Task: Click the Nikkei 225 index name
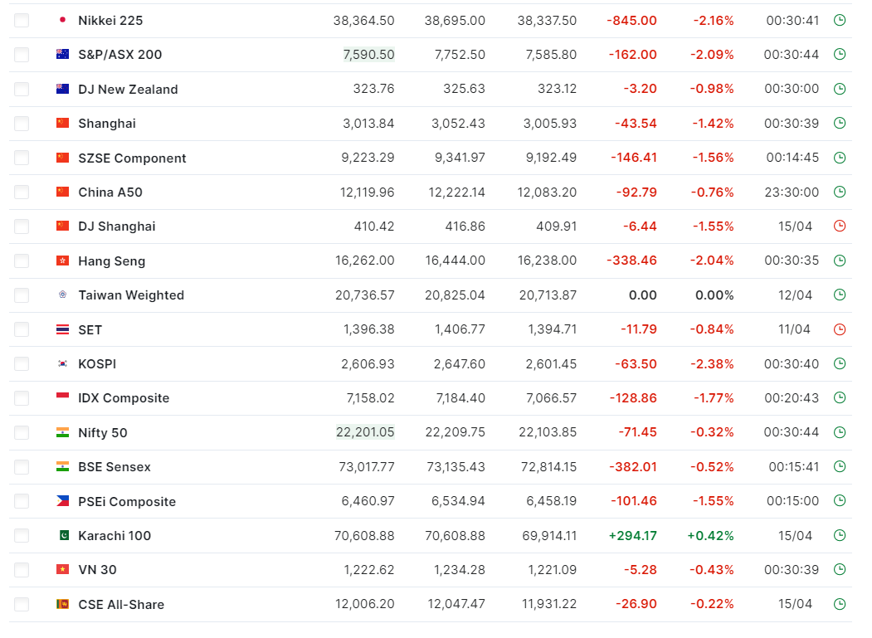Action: [x=110, y=21]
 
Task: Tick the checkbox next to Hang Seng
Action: [x=22, y=261]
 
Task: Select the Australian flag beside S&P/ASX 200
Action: [x=63, y=54]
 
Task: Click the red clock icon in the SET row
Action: [x=840, y=329]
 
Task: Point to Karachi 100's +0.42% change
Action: [x=711, y=536]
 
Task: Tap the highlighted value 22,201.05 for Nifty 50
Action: [x=365, y=432]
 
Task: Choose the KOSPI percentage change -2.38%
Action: [x=712, y=363]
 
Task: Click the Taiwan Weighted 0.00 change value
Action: [x=643, y=295]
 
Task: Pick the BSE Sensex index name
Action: [x=114, y=467]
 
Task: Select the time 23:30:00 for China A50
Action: [x=792, y=192]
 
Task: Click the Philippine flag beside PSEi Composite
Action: [x=63, y=501]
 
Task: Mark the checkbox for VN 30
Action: [x=22, y=570]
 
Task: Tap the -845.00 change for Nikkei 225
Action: [x=631, y=21]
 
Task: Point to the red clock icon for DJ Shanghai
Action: [x=840, y=226]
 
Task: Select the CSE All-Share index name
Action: [x=121, y=605]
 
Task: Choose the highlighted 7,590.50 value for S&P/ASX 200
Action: [x=368, y=55]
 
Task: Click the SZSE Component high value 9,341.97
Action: [x=460, y=158]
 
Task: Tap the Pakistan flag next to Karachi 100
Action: [x=64, y=535]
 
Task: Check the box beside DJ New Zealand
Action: [x=22, y=89]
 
